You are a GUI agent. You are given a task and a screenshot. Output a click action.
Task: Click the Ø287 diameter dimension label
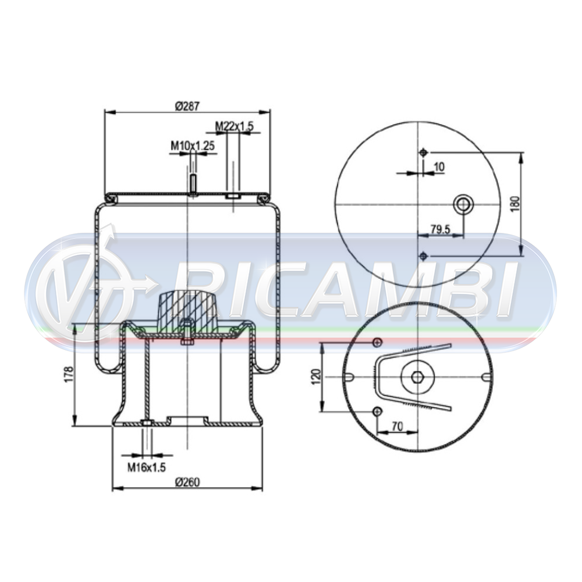[187, 107]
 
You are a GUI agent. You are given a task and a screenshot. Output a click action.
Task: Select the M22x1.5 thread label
[235, 126]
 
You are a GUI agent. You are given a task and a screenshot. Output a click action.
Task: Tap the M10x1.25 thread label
[193, 145]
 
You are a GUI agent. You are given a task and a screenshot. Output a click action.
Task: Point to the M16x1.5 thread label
[147, 467]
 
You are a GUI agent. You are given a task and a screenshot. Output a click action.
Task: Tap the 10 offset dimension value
[439, 167]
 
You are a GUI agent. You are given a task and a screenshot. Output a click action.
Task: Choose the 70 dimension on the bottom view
[397, 426]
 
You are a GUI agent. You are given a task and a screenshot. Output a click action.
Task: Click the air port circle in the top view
[463, 204]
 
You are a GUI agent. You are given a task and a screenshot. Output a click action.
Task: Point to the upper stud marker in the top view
[423, 152]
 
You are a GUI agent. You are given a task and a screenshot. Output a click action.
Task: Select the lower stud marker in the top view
[423, 256]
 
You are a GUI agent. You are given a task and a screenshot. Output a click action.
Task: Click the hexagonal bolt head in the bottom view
[417, 377]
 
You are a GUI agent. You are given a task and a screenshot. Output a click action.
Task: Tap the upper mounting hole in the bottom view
[377, 342]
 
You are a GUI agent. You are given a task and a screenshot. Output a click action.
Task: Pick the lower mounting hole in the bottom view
[377, 412]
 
